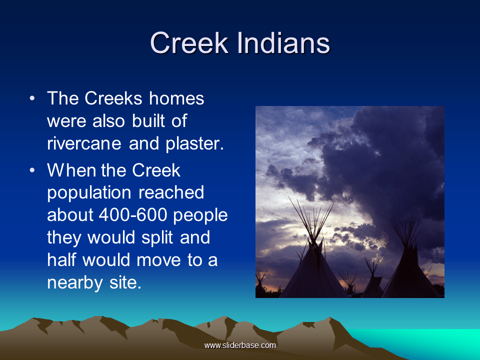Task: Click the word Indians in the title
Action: (283, 43)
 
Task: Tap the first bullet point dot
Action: (32, 98)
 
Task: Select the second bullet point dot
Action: (32, 170)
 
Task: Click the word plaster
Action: (192, 143)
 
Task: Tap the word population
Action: (89, 193)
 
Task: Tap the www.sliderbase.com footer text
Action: (240, 345)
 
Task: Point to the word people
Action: (202, 215)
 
